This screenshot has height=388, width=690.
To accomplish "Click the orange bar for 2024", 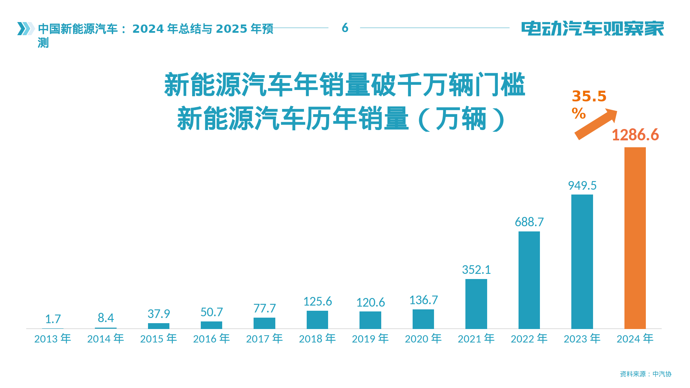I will coord(635,238).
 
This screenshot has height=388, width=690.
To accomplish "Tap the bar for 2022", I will coord(529,280).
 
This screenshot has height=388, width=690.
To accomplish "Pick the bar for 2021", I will coord(476,304).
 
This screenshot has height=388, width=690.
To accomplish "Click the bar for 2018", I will coord(317,319).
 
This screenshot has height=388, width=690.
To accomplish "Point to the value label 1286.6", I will coord(635,135).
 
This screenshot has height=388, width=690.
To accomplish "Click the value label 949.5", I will coord(582,186).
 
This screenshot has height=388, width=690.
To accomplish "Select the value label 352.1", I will coord(476,270).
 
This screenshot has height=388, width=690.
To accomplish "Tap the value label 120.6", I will coord(370,302).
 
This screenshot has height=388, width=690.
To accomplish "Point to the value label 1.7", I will coord(53,319).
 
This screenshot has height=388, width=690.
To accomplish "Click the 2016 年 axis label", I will coord(211,339).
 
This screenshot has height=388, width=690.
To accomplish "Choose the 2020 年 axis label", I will coord(423,339).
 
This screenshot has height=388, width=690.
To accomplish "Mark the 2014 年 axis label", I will coord(106,339).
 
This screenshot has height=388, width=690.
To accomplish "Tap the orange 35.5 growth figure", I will coord(589,97).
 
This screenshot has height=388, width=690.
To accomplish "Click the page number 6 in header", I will coord(345,28).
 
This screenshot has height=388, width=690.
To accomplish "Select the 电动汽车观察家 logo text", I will coord(592,29).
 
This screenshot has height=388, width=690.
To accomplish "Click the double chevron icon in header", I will coord(26,29).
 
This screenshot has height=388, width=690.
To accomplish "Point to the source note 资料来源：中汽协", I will coord(645,374).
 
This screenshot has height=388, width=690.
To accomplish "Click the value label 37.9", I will coord(159,314).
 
